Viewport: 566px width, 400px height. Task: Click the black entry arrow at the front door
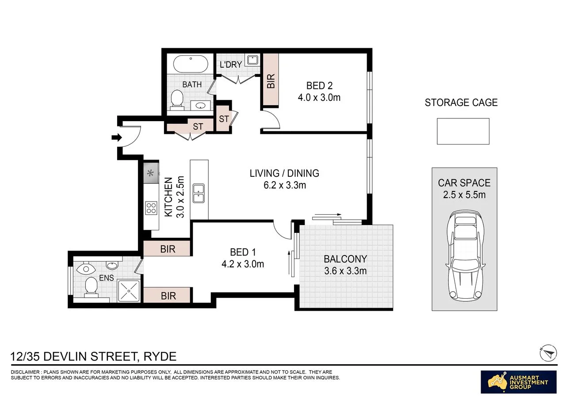117,137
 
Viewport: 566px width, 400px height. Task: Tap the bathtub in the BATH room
191,64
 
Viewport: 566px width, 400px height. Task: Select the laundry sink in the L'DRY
252,60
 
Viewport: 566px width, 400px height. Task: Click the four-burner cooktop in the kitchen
151,208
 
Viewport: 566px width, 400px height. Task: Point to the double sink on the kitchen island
199,194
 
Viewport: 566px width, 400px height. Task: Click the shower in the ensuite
129,291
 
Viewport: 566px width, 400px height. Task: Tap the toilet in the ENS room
91,287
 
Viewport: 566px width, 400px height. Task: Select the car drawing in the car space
465,256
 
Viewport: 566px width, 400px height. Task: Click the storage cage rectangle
463,131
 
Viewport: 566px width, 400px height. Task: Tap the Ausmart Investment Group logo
519,382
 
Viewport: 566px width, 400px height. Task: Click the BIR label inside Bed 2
271,81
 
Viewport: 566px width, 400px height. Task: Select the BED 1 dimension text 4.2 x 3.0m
243,264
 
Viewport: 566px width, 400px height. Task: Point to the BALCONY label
345,259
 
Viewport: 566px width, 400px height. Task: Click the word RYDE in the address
160,357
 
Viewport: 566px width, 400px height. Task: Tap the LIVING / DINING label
284,173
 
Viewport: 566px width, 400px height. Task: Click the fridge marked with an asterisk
151,173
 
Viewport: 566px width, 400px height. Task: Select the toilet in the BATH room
177,100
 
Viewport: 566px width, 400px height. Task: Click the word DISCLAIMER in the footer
25,372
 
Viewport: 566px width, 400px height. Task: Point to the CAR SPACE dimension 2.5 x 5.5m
464,195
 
